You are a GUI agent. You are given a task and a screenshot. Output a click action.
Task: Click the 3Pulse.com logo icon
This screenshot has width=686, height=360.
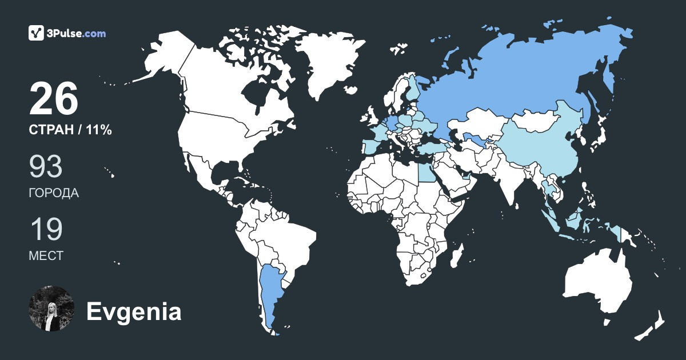(x=37, y=33)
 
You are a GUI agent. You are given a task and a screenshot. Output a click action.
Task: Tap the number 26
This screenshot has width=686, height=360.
(x=53, y=99)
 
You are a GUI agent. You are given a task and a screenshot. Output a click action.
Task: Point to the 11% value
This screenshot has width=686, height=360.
(x=99, y=130)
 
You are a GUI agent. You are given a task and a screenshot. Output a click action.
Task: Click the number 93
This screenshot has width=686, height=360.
(x=46, y=166)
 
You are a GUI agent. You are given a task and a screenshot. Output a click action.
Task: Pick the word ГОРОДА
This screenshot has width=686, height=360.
(x=54, y=193)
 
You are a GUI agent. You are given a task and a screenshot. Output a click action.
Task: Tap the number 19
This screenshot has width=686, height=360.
(x=45, y=229)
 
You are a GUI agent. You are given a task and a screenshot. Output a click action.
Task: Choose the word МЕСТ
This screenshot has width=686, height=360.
(x=46, y=256)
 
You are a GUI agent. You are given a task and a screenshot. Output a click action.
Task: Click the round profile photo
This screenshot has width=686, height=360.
(x=51, y=309)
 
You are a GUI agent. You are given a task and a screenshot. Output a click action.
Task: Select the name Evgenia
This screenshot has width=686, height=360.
(x=134, y=312)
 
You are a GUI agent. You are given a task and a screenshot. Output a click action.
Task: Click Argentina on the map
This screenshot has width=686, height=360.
(x=270, y=291)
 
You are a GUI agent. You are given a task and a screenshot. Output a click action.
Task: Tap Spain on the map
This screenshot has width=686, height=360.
(x=371, y=146)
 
